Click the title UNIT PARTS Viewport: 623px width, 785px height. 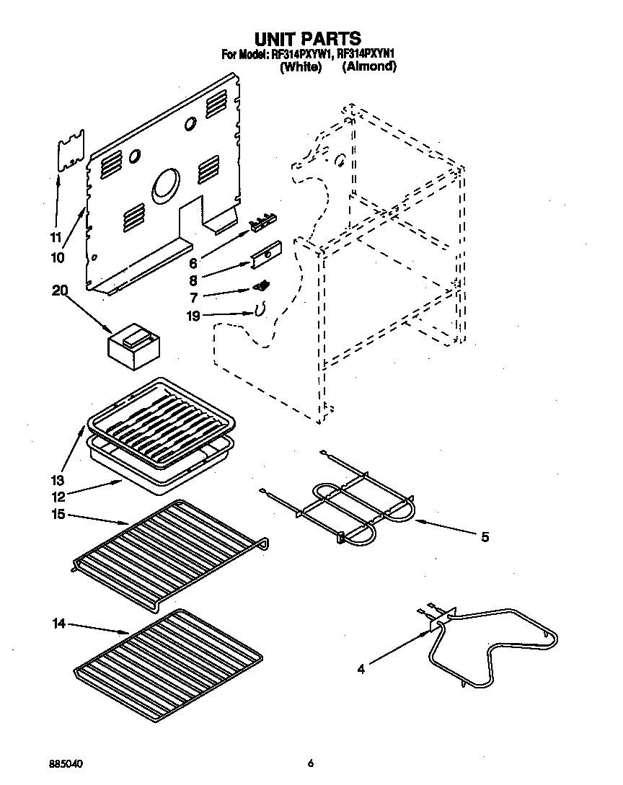(308, 38)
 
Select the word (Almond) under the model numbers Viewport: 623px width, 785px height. (368, 66)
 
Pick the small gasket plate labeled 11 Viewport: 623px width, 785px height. (71, 151)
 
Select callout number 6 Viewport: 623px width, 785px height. (193, 265)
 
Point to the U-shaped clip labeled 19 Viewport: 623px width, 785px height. (257, 309)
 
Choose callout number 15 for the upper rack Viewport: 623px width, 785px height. (58, 514)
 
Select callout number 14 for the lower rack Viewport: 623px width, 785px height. (59, 623)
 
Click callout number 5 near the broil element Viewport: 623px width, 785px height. (485, 536)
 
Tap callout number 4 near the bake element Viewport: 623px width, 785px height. (361, 670)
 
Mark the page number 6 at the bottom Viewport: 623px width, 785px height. (311, 763)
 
